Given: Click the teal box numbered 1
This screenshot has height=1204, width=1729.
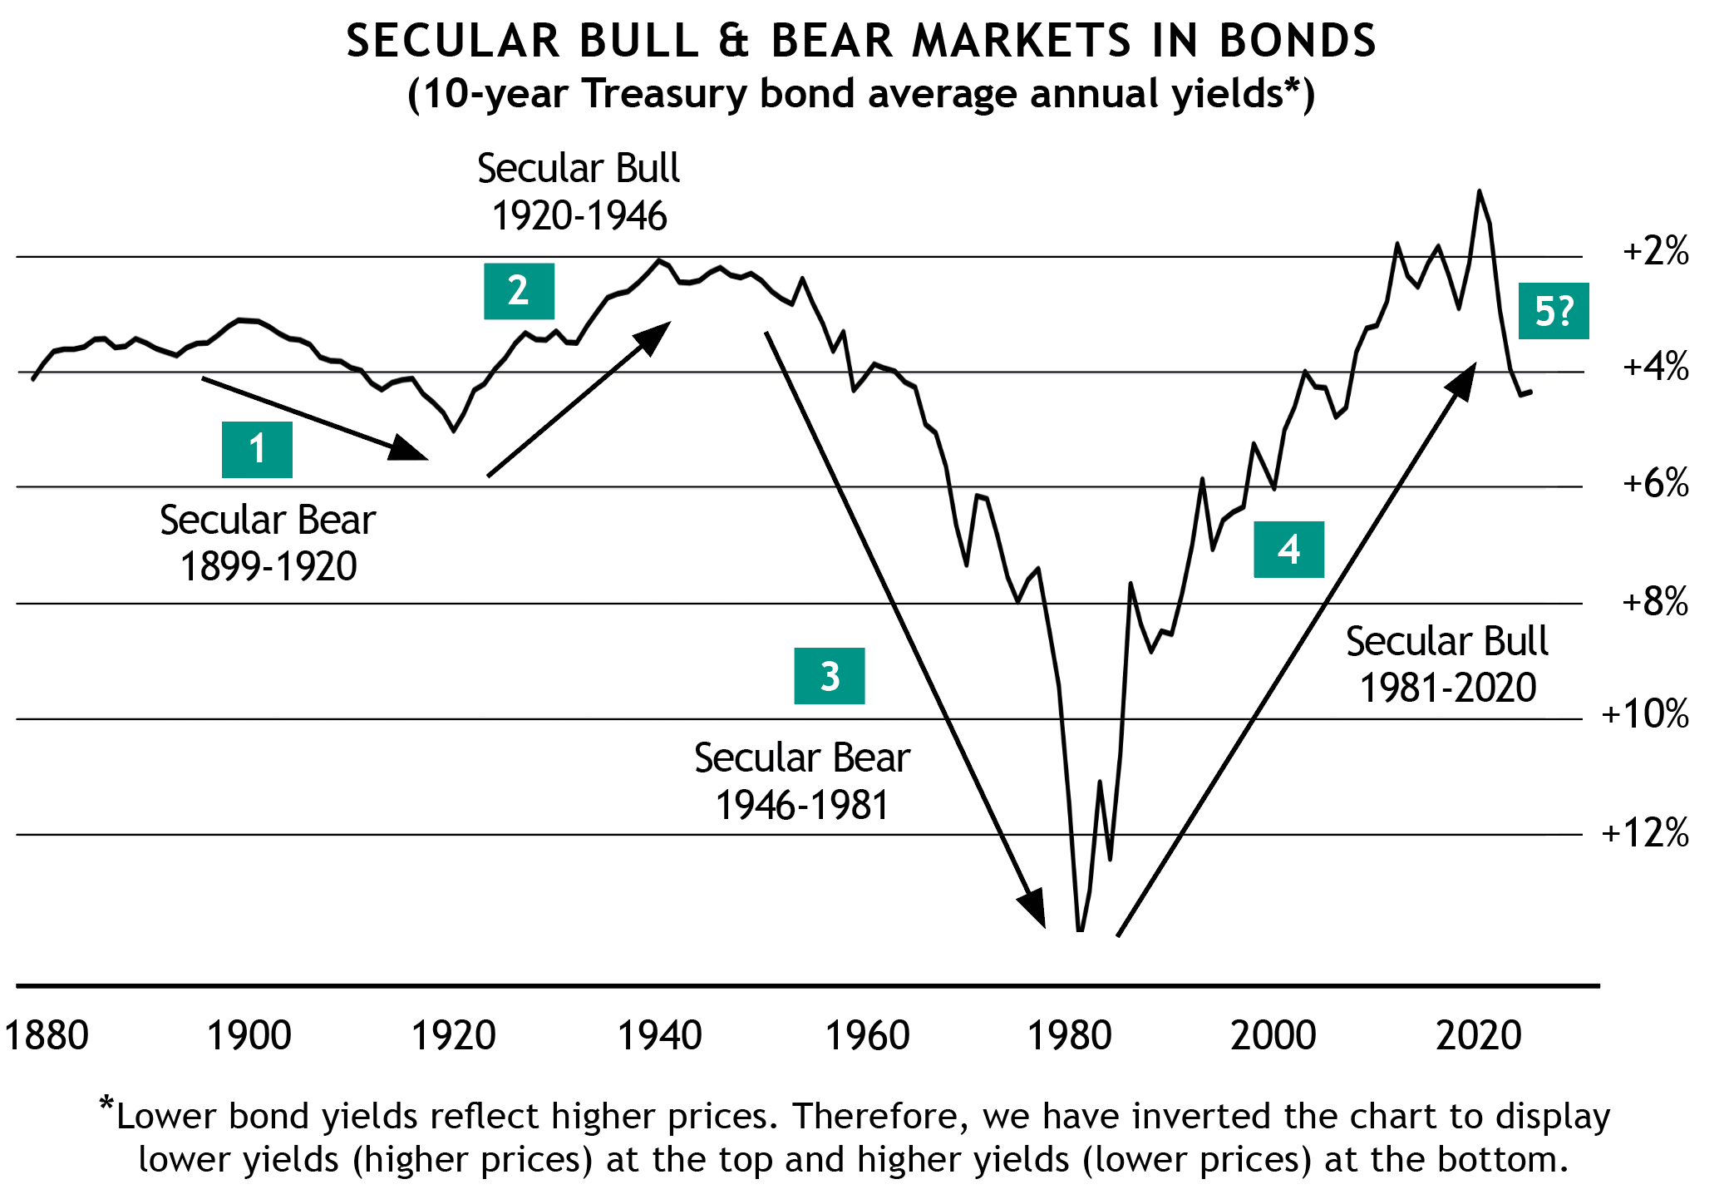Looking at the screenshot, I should tap(257, 450).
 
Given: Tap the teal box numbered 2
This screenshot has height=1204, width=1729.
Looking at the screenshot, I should tap(519, 291).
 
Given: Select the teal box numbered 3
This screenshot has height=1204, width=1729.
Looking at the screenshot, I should tap(829, 676).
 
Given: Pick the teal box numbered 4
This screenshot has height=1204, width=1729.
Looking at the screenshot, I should tap(1288, 550).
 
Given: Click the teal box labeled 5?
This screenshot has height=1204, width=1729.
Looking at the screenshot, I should tap(1553, 311).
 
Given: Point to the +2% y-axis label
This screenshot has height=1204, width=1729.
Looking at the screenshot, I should tap(1655, 250).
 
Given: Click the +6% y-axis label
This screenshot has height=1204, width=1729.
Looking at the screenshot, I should tap(1655, 483).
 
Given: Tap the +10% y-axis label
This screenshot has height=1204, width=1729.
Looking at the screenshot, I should tap(1645, 714).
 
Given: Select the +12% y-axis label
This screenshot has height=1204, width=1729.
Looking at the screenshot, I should tap(1645, 832).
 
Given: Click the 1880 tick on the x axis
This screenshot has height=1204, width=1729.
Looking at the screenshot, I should tap(47, 1036).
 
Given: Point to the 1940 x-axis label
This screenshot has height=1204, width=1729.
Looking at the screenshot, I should tap(659, 1036).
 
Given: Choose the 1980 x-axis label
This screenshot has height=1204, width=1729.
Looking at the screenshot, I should tap(1069, 1036).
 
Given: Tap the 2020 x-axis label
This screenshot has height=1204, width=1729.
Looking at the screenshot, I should tap(1478, 1036).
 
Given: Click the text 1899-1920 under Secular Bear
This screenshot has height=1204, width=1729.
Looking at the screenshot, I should tap(268, 567).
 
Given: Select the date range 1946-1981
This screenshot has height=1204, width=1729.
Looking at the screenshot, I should tap(802, 806).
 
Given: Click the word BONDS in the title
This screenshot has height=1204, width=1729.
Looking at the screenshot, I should tap(1298, 41).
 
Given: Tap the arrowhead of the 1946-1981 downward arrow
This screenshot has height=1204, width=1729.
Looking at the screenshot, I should tap(1034, 907).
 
